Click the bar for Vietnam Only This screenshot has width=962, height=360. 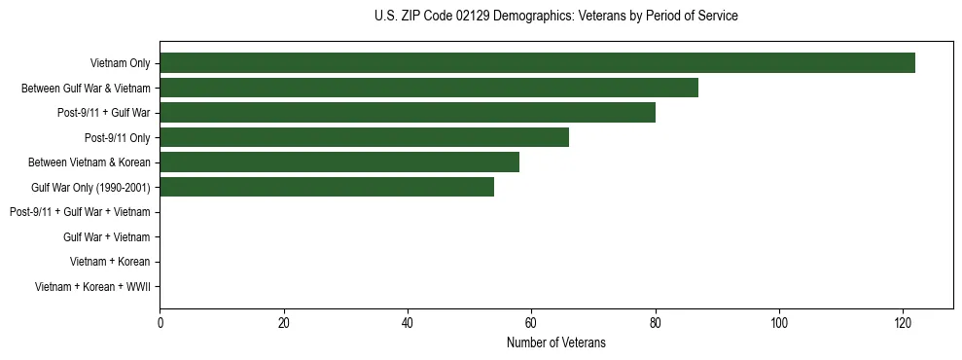tap(537, 63)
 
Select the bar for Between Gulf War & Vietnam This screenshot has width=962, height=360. tap(429, 88)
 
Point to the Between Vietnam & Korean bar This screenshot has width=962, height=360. tap(339, 162)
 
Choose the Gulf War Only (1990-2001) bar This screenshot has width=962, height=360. tap(327, 187)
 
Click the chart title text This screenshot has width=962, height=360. tap(555, 17)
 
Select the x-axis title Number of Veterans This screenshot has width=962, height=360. tap(555, 342)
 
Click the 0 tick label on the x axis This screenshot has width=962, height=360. tap(160, 323)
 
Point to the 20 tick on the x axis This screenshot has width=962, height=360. tap(284, 323)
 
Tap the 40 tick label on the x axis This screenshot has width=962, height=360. tap(408, 323)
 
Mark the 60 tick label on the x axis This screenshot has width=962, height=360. tap(531, 323)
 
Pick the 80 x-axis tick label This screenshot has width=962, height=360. tap(656, 323)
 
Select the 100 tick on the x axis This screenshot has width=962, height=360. tap(779, 323)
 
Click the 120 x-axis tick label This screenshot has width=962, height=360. tap(903, 323)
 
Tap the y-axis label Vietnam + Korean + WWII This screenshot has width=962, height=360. tap(92, 286)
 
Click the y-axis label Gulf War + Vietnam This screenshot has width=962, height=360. tap(106, 236)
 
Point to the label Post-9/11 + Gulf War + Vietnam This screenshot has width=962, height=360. tap(80, 212)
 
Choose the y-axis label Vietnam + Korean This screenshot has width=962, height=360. tap(110, 262)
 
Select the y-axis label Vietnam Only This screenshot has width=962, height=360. tap(120, 63)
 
